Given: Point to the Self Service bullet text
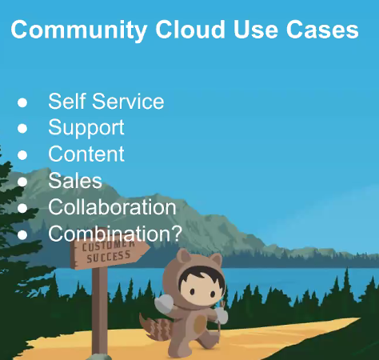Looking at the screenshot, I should pyautogui.click(x=106, y=102).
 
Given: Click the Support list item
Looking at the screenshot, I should pyautogui.click(x=86, y=128).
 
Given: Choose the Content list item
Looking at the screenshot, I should pyautogui.click(x=86, y=154).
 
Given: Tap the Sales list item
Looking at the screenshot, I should pyautogui.click(x=75, y=181).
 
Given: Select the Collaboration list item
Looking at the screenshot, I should pyautogui.click(x=112, y=207).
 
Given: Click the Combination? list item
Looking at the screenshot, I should pyautogui.click(x=114, y=234).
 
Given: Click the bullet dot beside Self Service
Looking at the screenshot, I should pyautogui.click(x=22, y=102).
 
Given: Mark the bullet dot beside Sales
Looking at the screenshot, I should pyautogui.click(x=22, y=182).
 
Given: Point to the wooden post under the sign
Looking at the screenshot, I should pyautogui.click(x=99, y=312).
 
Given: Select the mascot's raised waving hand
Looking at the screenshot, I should pyautogui.click(x=162, y=305).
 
